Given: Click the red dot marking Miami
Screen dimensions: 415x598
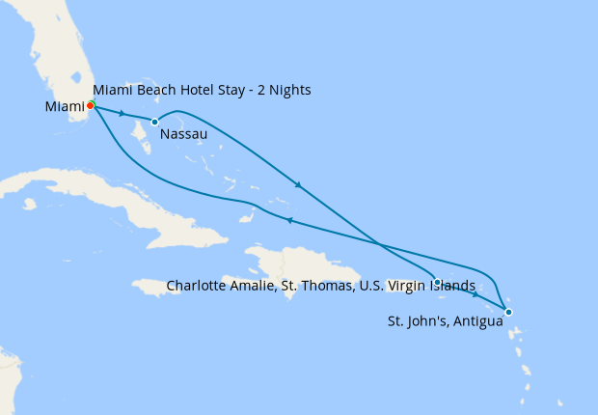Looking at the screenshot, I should click(91, 105).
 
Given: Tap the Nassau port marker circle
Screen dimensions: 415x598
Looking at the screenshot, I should click(154, 122).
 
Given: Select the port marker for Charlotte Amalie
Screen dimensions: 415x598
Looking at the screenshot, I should click(438, 283).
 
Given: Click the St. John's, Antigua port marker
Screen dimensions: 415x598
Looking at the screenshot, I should click(508, 312).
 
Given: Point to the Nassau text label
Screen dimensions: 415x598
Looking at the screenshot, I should click(183, 134).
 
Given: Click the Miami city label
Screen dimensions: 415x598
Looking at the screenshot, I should click(64, 106).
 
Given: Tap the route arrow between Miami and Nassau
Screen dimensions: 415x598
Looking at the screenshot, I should click(122, 114).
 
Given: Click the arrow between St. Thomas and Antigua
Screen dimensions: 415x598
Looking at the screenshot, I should click(476, 295).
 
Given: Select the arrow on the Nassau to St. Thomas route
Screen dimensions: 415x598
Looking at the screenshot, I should click(299, 184).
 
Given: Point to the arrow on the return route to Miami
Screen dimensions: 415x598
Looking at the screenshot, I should click(288, 221).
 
